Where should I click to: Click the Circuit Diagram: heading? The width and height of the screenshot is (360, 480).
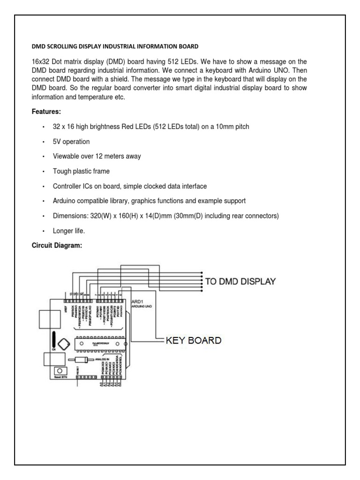pos(57,245)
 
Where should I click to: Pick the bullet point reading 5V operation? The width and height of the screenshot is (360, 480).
pos(71,142)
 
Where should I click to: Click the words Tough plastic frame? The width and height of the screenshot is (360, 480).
pos(81,172)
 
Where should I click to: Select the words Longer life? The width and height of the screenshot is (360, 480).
pos(69,232)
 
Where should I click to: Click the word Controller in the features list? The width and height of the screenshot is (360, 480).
pos(68,187)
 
